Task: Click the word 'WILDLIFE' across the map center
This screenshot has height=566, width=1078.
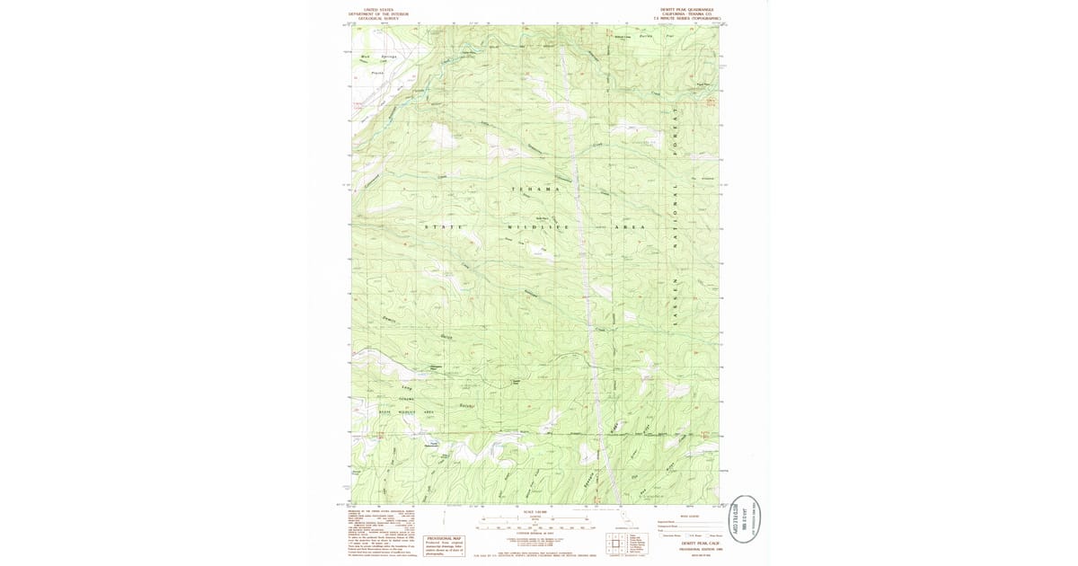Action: click(x=538, y=226)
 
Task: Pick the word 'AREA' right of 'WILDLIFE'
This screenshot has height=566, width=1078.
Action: click(x=629, y=226)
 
